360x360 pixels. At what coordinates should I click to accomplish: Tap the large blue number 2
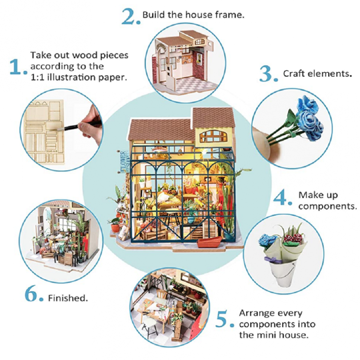pyautogui.click(x=129, y=16)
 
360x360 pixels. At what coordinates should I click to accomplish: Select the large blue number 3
pyautogui.click(x=266, y=73)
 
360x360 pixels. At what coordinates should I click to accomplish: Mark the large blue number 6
pyautogui.click(x=31, y=293)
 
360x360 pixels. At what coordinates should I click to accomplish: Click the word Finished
pyautogui.click(x=68, y=298)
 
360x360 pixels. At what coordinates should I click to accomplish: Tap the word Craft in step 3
pyautogui.click(x=294, y=74)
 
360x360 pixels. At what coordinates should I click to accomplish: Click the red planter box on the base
pyautogui.click(x=209, y=242)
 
